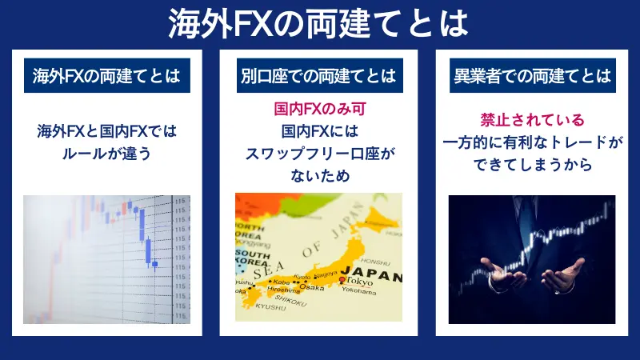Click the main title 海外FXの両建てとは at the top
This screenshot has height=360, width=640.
click(x=319, y=24)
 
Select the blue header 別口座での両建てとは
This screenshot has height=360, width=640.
click(x=318, y=76)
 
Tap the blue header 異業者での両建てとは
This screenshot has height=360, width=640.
click(x=532, y=76)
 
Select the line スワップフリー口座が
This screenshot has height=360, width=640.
click(x=318, y=154)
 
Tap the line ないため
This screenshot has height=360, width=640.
click(x=318, y=176)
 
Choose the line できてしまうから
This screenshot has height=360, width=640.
click(x=532, y=166)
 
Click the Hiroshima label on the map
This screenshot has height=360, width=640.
click(x=282, y=290)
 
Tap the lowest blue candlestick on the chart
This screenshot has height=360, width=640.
click(x=154, y=262)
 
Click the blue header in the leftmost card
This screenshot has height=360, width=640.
click(x=106, y=76)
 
